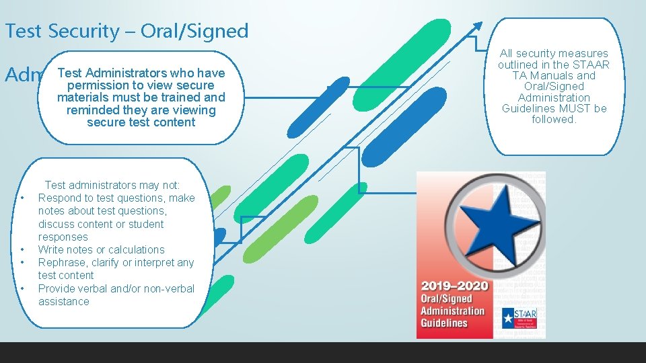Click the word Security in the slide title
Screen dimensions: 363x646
pyautogui.click(x=76, y=31)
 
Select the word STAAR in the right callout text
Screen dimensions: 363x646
pyautogui.click(x=592, y=65)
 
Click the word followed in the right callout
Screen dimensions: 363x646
pyautogui.click(x=552, y=119)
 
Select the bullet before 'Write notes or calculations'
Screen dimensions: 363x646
pyautogui.click(x=23, y=249)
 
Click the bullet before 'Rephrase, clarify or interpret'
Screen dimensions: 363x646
pyautogui.click(x=23, y=262)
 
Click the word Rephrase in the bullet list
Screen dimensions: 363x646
pyautogui.click(x=61, y=262)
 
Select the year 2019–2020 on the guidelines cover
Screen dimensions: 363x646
pyautogui.click(x=455, y=286)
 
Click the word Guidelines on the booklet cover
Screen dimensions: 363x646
pyautogui.click(x=444, y=323)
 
